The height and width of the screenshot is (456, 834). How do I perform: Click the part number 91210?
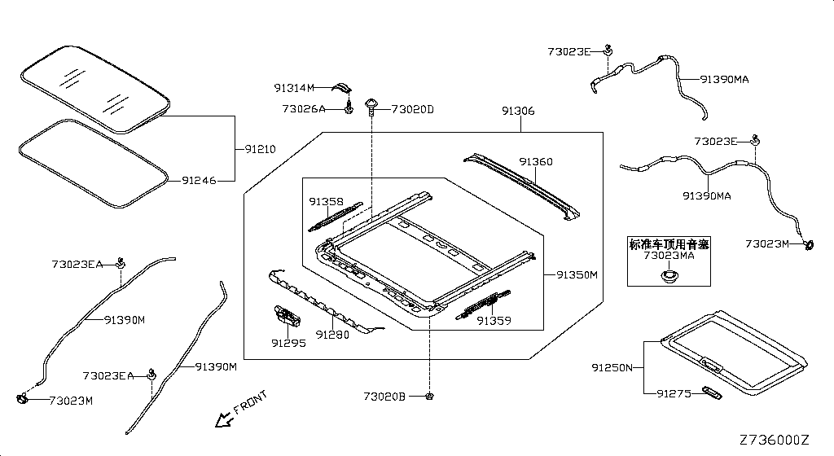click(x=260, y=149)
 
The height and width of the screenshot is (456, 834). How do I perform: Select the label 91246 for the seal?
click(x=199, y=181)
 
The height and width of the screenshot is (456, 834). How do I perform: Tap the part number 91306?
click(x=518, y=111)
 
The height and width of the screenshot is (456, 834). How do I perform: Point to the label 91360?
click(x=536, y=162)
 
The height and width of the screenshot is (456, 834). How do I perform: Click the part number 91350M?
click(x=577, y=275)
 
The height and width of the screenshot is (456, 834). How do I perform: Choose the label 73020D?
click(x=413, y=109)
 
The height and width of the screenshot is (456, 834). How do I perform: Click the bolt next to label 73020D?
click(x=373, y=103)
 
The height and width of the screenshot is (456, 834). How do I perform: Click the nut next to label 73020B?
click(x=428, y=396)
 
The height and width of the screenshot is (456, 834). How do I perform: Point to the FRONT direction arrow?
click(x=221, y=419)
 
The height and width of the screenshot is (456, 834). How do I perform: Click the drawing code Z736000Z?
click(x=774, y=440)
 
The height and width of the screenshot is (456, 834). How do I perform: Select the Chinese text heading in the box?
click(x=669, y=243)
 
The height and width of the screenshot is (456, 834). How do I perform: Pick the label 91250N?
click(x=612, y=368)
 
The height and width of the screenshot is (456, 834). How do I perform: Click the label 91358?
click(x=326, y=201)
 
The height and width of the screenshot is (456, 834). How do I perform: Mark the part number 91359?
click(x=494, y=321)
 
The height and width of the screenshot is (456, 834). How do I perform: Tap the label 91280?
click(x=332, y=334)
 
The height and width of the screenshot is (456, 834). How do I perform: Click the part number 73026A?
click(x=304, y=109)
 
